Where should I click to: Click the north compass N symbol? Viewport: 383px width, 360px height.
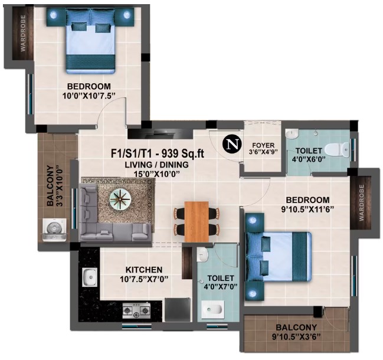coord(232,144)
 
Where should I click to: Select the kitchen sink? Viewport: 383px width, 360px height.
coord(90,277)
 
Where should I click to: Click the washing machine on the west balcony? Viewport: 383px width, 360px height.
coord(54,230)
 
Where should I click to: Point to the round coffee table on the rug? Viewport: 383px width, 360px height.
coord(120,200)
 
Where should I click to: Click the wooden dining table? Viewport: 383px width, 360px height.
coord(197,221)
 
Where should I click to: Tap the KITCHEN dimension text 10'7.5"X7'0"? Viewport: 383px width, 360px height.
coord(145,279)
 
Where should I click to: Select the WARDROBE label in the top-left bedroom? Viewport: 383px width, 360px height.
coord(23,33)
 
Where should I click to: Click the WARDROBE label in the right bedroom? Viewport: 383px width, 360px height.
coord(361,202)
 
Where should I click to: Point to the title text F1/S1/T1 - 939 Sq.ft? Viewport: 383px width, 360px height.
coord(158,153)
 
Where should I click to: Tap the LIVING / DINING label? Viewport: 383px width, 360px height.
coord(157,165)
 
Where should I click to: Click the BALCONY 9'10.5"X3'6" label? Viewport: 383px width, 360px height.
coord(296,332)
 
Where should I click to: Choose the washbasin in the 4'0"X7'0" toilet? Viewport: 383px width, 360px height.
coord(203,254)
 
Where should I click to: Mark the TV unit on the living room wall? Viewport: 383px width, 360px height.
coord(161,133)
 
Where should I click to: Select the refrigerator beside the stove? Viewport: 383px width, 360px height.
coord(177,310)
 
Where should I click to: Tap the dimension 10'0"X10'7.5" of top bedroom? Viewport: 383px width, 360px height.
coord(89,96)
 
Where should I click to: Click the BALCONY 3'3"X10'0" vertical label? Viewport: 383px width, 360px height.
coord(54,186)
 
